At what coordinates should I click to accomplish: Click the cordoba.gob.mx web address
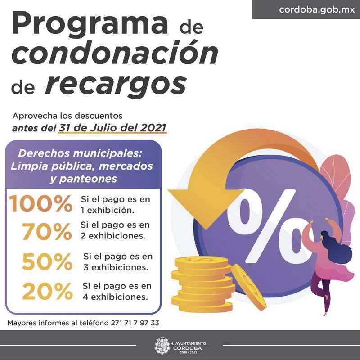pos(310,9)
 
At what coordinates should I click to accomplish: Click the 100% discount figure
pos(41,204)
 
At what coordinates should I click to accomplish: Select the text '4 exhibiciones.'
pos(115,297)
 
